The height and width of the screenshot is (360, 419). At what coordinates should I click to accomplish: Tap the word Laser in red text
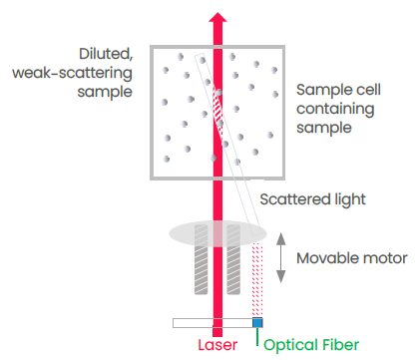click(x=216, y=344)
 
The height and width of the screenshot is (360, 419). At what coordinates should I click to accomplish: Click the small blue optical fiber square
click(x=257, y=322)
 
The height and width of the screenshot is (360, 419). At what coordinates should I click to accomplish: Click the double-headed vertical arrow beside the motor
click(x=282, y=258)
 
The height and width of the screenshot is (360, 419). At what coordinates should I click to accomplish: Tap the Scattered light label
click(x=313, y=199)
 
